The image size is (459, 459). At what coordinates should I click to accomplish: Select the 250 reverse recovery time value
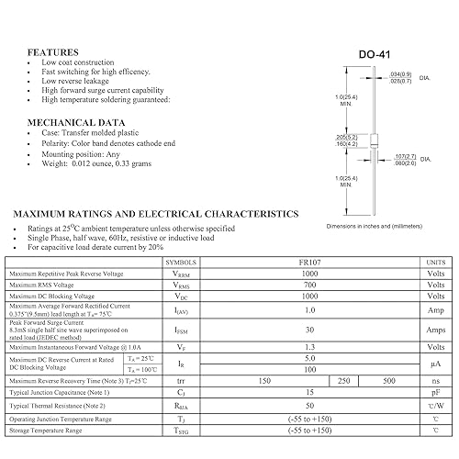coord(344,380)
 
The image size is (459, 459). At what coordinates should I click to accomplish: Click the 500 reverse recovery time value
coord(389,380)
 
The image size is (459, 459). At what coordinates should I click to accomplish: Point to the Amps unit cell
coord(434,330)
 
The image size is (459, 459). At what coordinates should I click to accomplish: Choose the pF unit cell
coord(434,393)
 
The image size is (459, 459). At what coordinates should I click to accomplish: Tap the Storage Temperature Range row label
coord(46,430)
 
